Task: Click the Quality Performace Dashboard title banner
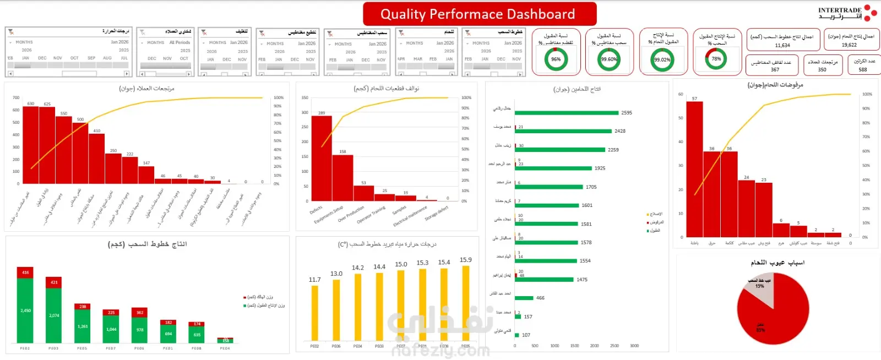pyautogui.click(x=479, y=14)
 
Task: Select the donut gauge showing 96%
pyautogui.click(x=556, y=59)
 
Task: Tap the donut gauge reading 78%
pyautogui.click(x=716, y=59)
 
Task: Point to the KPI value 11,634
pyautogui.click(x=782, y=46)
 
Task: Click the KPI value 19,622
pyautogui.click(x=849, y=45)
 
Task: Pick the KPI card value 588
pyautogui.click(x=863, y=70)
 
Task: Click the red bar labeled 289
pyautogui.click(x=322, y=159)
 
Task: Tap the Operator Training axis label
pyautogui.click(x=371, y=215)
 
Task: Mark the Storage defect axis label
pyautogui.click(x=437, y=214)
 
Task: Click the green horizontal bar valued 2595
pyautogui.click(x=567, y=113)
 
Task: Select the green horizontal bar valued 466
pyautogui.click(x=524, y=298)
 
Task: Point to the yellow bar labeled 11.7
pyautogui.click(x=314, y=313)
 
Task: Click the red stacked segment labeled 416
pyautogui.click(x=25, y=272)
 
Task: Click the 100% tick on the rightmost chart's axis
pyautogui.click(x=867, y=94)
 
